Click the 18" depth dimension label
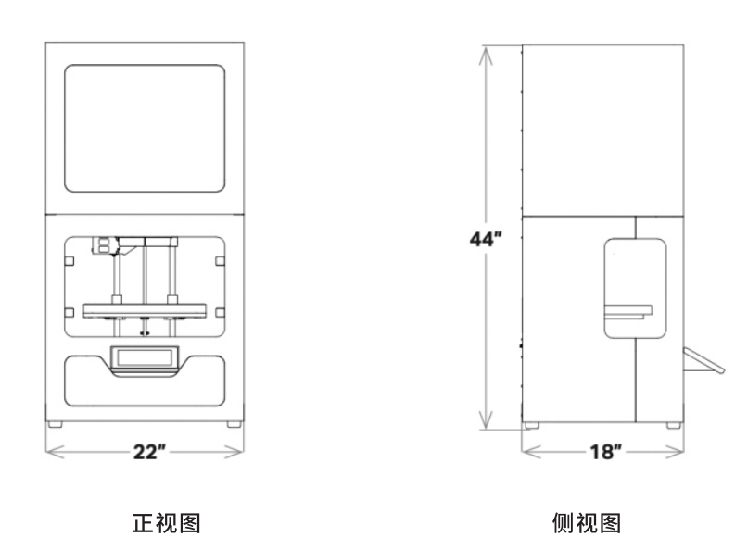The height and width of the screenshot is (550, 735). [603, 452]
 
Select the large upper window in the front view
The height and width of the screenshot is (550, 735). [146, 128]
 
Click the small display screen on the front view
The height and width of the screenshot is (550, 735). [145, 357]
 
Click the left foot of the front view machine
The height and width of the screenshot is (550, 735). [56, 424]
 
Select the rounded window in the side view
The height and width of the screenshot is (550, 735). [635, 288]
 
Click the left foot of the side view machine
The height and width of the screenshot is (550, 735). [530, 425]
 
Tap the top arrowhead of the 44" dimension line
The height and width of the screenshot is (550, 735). [483, 49]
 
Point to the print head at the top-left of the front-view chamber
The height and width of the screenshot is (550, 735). [105, 244]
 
